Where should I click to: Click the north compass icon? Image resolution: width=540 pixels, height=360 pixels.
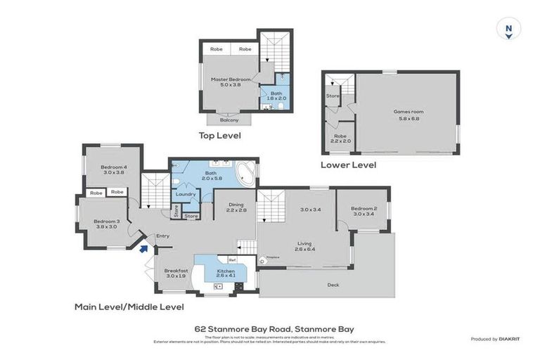coord(508,30)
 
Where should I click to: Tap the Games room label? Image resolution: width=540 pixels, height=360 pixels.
coord(408,115)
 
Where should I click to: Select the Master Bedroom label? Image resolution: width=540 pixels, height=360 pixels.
coord(231,82)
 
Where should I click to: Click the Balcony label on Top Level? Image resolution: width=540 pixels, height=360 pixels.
coord(229,120)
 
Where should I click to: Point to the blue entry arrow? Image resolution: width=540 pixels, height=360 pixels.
coord(143,247)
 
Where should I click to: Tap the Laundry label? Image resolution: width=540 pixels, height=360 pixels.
coord(186,194)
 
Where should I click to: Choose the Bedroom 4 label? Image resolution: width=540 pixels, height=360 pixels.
coord(113,169)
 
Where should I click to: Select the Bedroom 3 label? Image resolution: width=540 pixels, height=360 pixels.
coord(108,224)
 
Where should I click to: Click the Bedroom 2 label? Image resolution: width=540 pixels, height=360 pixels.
coord(364,212)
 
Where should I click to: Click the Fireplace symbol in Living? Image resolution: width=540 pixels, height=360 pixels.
coord(262,258)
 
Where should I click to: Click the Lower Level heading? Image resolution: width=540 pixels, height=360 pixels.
coord(348,165)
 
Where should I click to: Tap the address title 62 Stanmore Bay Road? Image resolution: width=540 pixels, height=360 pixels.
coord(274,328)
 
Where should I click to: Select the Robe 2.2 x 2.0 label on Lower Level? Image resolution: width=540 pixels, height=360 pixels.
coord(340,139)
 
